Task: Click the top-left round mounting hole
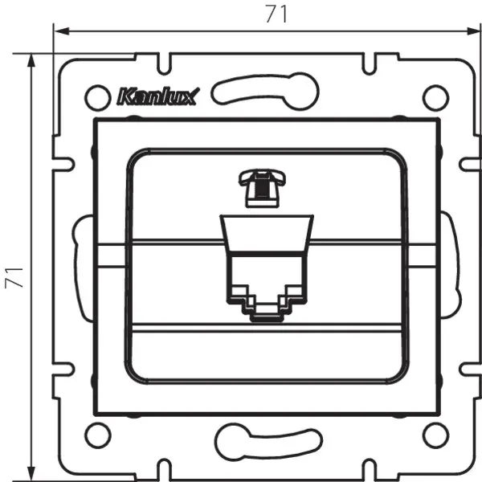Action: coord(96,97)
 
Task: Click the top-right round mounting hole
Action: coord(434,97)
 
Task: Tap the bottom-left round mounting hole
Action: coord(96,435)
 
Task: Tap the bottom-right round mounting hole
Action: coord(434,435)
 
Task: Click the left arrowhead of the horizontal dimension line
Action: coord(58,31)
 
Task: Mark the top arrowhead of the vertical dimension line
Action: coord(31,59)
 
